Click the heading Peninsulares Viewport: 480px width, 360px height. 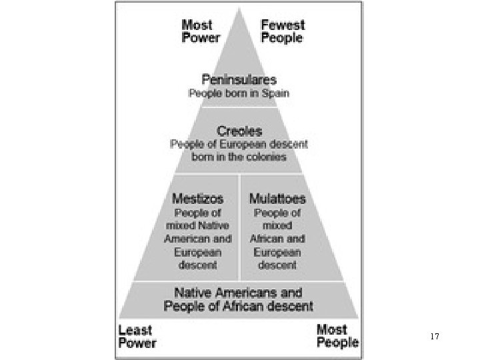pos(239,80)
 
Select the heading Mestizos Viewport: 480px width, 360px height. pos(197,199)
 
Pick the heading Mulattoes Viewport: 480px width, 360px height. pos(277,199)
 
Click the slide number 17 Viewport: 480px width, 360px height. pos(435,337)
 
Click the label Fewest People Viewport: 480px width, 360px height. pos(282,31)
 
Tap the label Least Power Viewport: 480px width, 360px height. pos(137,337)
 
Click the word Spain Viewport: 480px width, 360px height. pos(276,93)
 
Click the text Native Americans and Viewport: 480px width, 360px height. pos(238,293)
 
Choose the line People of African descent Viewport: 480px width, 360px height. pos(238,307)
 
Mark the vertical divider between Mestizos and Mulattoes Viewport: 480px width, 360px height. pos(239,227)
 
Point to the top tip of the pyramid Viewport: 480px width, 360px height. pos(239,8)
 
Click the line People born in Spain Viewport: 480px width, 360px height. pos(239,93)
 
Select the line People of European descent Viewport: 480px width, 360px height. pos(239,144)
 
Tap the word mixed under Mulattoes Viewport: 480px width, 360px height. pos(278,225)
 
